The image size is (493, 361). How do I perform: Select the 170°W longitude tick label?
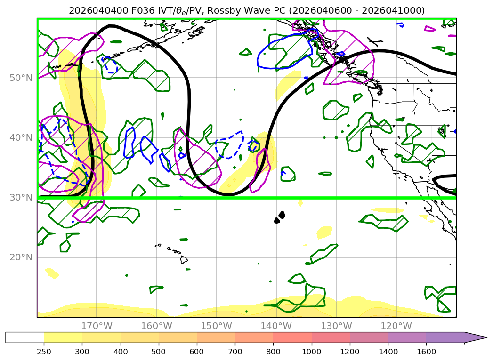97,326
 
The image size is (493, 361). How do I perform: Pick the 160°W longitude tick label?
156,326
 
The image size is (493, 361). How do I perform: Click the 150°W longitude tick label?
216,326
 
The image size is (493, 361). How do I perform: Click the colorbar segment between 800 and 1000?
292,337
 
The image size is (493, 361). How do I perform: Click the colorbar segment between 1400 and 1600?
407,337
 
